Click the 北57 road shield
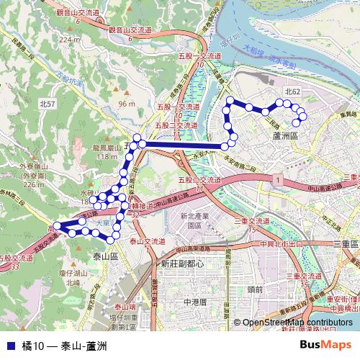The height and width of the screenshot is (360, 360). click(x=48, y=104)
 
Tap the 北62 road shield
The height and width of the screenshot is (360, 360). click(x=292, y=91)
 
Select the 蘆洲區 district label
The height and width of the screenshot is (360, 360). click(x=285, y=135)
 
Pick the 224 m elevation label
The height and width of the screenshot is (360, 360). click(x=70, y=39)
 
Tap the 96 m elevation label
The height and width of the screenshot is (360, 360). click(x=127, y=104)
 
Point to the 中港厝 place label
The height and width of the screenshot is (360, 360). click(x=194, y=302)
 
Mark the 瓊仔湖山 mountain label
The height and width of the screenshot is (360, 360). click(x=73, y=274)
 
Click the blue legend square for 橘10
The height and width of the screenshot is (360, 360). click(x=9, y=345)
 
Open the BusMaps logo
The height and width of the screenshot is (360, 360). click(x=325, y=345)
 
